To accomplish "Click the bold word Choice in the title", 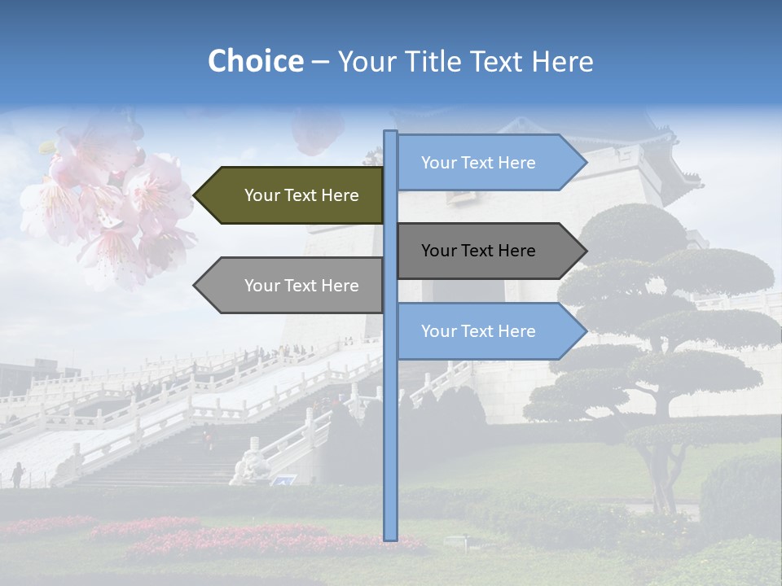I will pyautogui.click(x=255, y=61).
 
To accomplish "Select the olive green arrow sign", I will pyautogui.click(x=289, y=195).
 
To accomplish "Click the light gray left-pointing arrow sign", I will pyautogui.click(x=289, y=286).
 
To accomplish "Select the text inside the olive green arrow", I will pyautogui.click(x=301, y=195).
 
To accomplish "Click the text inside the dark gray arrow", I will pyautogui.click(x=478, y=251).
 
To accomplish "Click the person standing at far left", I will pyautogui.click(x=17, y=474).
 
